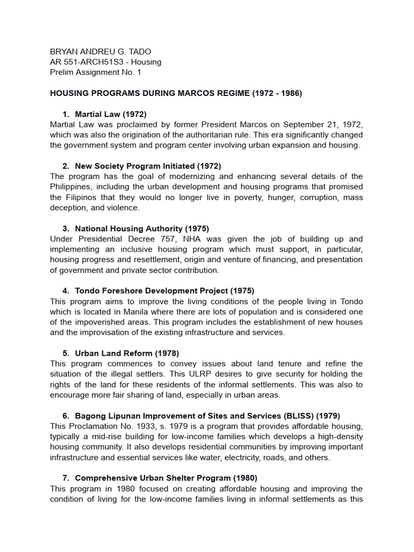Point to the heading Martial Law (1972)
pos(111,114)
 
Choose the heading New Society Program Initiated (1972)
pos(148,166)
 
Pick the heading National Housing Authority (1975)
pos(142,229)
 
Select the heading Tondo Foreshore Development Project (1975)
pos(164,291)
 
